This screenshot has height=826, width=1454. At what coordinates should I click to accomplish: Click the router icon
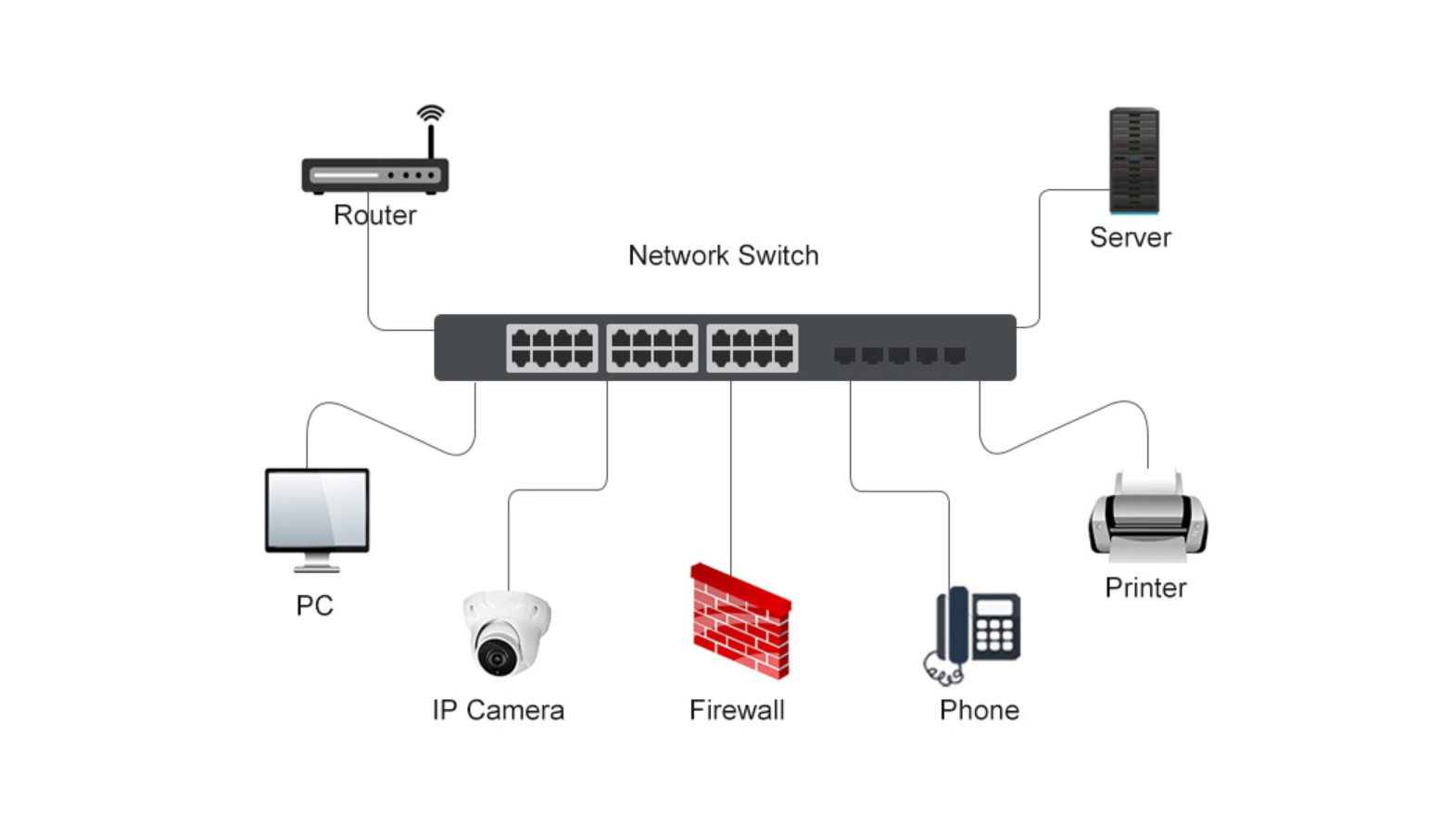click(x=374, y=174)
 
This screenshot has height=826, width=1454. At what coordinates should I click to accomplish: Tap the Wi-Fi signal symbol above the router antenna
click(x=431, y=113)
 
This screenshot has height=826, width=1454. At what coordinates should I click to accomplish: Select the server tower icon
click(x=1133, y=160)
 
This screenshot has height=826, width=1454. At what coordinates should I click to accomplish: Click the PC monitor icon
click(x=317, y=512)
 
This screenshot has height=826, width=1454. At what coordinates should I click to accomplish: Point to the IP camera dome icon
click(x=506, y=633)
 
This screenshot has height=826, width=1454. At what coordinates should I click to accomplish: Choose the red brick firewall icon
click(x=740, y=621)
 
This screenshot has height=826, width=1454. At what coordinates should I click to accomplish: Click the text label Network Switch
click(x=723, y=256)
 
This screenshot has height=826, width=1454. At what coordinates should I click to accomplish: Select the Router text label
click(x=374, y=215)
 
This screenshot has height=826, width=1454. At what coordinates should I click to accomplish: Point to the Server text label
click(x=1130, y=237)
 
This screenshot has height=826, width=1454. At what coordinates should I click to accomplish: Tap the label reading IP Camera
click(x=498, y=710)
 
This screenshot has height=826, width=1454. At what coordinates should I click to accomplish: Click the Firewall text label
click(x=737, y=710)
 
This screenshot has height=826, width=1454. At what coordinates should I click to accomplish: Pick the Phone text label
click(x=979, y=710)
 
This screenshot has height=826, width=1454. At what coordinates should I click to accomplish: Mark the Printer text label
click(x=1145, y=588)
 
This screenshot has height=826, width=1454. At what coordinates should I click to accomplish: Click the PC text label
click(x=314, y=605)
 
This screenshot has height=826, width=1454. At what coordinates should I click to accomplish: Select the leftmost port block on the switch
click(x=551, y=349)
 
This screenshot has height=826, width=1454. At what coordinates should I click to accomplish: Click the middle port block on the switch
click(x=651, y=349)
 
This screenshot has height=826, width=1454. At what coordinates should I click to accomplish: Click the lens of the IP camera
click(x=497, y=657)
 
